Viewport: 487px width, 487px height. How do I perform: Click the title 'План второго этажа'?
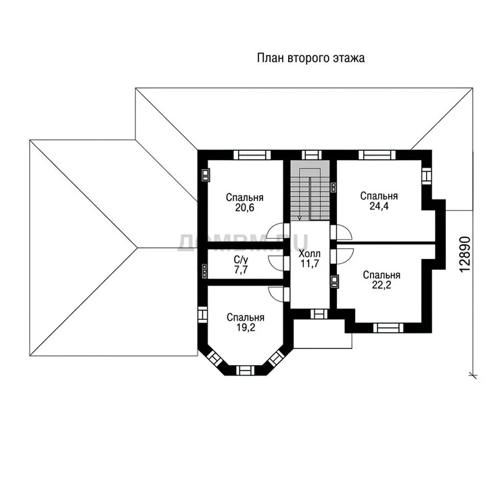click(x=310, y=58)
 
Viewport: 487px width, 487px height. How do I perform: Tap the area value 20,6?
click(x=245, y=208)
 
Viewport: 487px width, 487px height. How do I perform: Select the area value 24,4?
click(x=379, y=206)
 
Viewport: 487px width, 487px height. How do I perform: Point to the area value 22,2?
click(x=381, y=285)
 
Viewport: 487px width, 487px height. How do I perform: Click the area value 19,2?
click(x=246, y=327)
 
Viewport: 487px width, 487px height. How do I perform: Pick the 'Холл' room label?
click(x=309, y=254)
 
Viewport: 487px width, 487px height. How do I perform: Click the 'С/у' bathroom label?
click(x=241, y=260)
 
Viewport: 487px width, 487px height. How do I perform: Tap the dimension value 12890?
click(x=465, y=255)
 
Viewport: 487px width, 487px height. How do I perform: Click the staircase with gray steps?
click(x=310, y=190)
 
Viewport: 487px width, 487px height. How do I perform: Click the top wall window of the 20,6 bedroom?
click(x=252, y=155)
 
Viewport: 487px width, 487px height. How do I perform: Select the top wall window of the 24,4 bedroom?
click(x=377, y=155)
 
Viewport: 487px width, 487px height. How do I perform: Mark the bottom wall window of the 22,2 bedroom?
click(x=388, y=327)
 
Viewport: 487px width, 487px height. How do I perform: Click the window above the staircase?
click(x=312, y=155)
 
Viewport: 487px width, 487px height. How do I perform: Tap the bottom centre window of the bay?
click(x=246, y=370)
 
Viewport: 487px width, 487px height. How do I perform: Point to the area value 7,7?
click(x=241, y=270)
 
